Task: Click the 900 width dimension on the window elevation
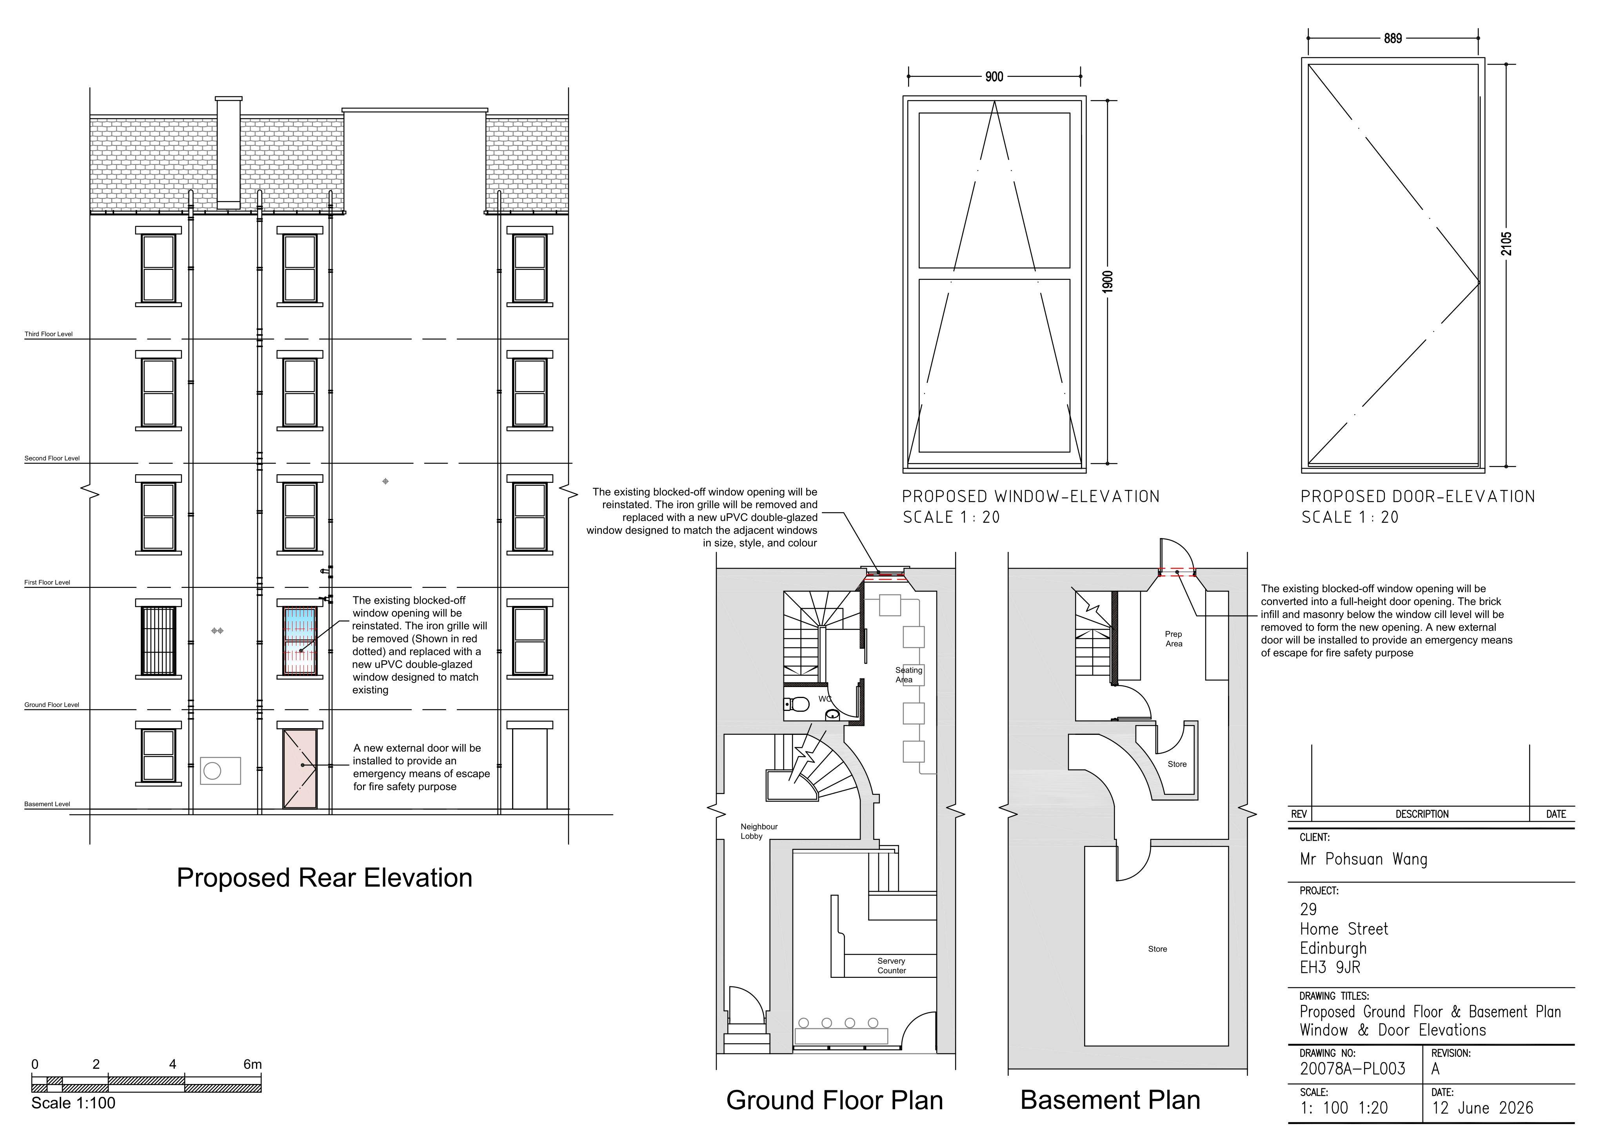(994, 77)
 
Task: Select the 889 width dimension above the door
(1393, 38)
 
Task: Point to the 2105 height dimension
(1507, 243)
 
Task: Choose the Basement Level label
(47, 804)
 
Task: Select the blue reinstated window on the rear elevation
(300, 640)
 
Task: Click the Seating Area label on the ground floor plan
(908, 675)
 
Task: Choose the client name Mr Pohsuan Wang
(1363, 859)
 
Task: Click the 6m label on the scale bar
(253, 1064)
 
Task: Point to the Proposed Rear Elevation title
(325, 878)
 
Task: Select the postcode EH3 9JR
(1330, 968)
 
